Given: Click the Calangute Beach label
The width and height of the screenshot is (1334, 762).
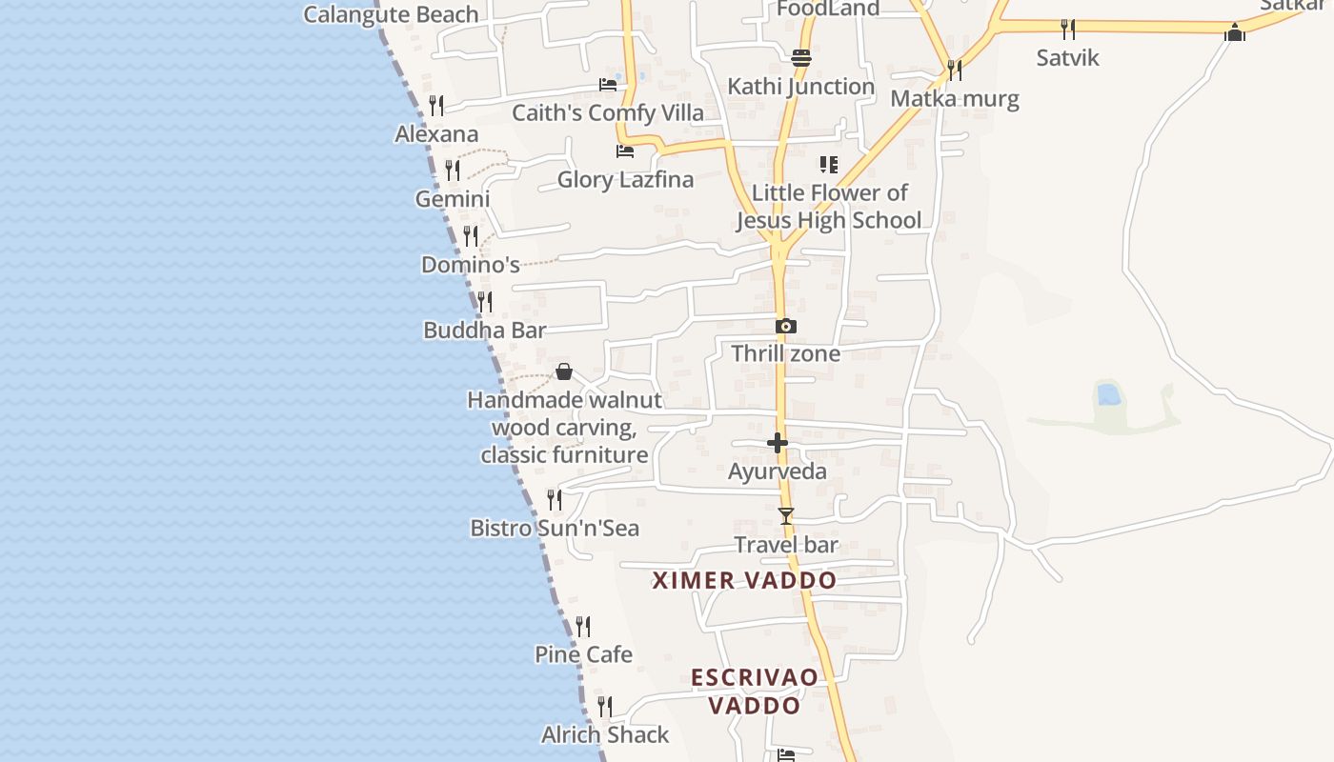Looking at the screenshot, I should click(391, 14).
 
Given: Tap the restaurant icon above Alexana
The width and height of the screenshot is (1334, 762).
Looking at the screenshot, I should click(436, 105).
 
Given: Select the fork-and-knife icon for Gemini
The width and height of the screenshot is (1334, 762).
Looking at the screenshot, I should click(453, 170).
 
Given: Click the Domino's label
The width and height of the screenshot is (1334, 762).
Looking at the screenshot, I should click(471, 264).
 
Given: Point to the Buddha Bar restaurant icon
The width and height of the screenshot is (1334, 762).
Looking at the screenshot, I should click(485, 302).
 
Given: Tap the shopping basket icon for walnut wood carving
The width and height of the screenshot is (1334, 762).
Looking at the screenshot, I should click(564, 371).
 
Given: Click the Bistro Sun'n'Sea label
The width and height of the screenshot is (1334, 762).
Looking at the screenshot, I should click(555, 528).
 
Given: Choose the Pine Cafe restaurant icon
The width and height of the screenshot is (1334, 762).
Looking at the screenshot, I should click(583, 627).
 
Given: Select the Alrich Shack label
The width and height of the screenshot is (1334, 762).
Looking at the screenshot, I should click(605, 734).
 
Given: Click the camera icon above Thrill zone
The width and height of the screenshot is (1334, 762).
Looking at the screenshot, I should click(786, 326).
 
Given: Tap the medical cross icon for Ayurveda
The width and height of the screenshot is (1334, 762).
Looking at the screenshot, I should click(778, 443).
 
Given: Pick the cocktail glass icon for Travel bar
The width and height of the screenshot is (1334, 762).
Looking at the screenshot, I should click(786, 516).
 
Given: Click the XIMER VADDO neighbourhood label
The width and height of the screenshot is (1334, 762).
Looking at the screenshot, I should click(744, 580).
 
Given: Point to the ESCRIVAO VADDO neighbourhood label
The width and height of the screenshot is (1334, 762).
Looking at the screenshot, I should click(755, 692).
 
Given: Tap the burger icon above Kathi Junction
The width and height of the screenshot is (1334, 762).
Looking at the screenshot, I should click(801, 57).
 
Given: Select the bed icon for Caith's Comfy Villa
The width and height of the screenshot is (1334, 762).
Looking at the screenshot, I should click(608, 85).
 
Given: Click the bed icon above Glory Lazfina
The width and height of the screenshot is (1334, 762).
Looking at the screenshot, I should click(625, 151).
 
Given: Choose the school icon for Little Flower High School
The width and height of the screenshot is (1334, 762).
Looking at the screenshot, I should click(829, 165).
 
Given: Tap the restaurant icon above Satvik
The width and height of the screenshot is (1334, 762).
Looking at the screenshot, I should click(1068, 30).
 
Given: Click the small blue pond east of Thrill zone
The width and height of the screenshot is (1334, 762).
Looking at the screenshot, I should click(1108, 393).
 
